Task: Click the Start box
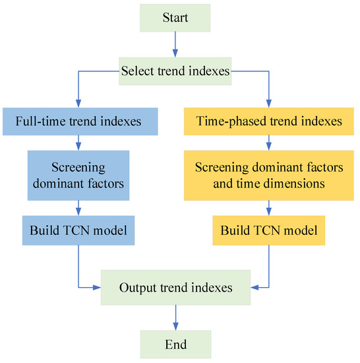point(175,18)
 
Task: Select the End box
point(175,345)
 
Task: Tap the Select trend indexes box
point(175,71)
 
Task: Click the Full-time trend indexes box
point(79,121)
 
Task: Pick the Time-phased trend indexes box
point(269,121)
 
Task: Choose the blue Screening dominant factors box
point(79,176)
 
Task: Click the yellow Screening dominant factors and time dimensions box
point(269,176)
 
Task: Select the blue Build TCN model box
point(79,232)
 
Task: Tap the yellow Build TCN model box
point(269,232)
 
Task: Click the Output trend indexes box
point(175,288)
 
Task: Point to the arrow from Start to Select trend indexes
point(175,44)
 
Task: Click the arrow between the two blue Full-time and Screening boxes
point(79,143)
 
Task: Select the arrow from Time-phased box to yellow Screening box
point(269,143)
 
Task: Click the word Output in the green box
point(137,288)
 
